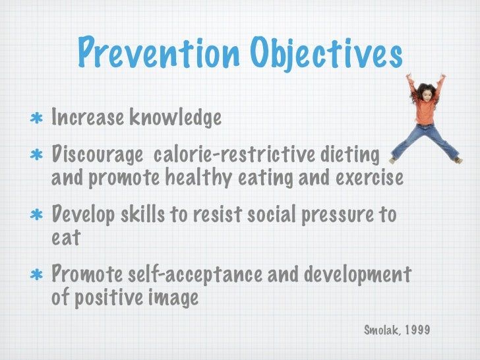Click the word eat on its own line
click(x=65, y=238)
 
